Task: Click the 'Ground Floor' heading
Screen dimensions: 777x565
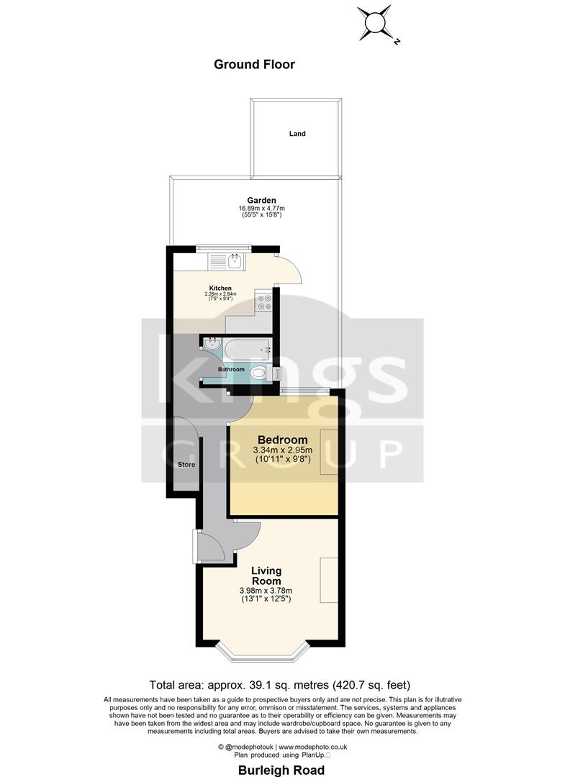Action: click(254, 64)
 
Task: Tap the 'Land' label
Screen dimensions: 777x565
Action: click(297, 134)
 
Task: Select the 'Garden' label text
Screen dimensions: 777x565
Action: click(261, 200)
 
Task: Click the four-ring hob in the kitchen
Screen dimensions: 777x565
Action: click(263, 303)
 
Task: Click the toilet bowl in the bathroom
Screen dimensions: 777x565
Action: click(260, 373)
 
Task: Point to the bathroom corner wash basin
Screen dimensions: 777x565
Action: click(210, 346)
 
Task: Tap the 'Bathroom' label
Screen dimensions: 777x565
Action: click(232, 369)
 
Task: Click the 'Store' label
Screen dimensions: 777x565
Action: click(186, 465)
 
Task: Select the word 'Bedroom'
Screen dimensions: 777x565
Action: click(283, 440)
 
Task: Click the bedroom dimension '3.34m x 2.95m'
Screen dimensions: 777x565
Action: click(283, 451)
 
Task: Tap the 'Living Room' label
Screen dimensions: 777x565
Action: click(266, 576)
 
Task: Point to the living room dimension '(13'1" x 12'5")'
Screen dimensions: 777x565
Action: click(266, 599)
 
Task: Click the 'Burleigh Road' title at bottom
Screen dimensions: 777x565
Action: click(282, 771)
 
